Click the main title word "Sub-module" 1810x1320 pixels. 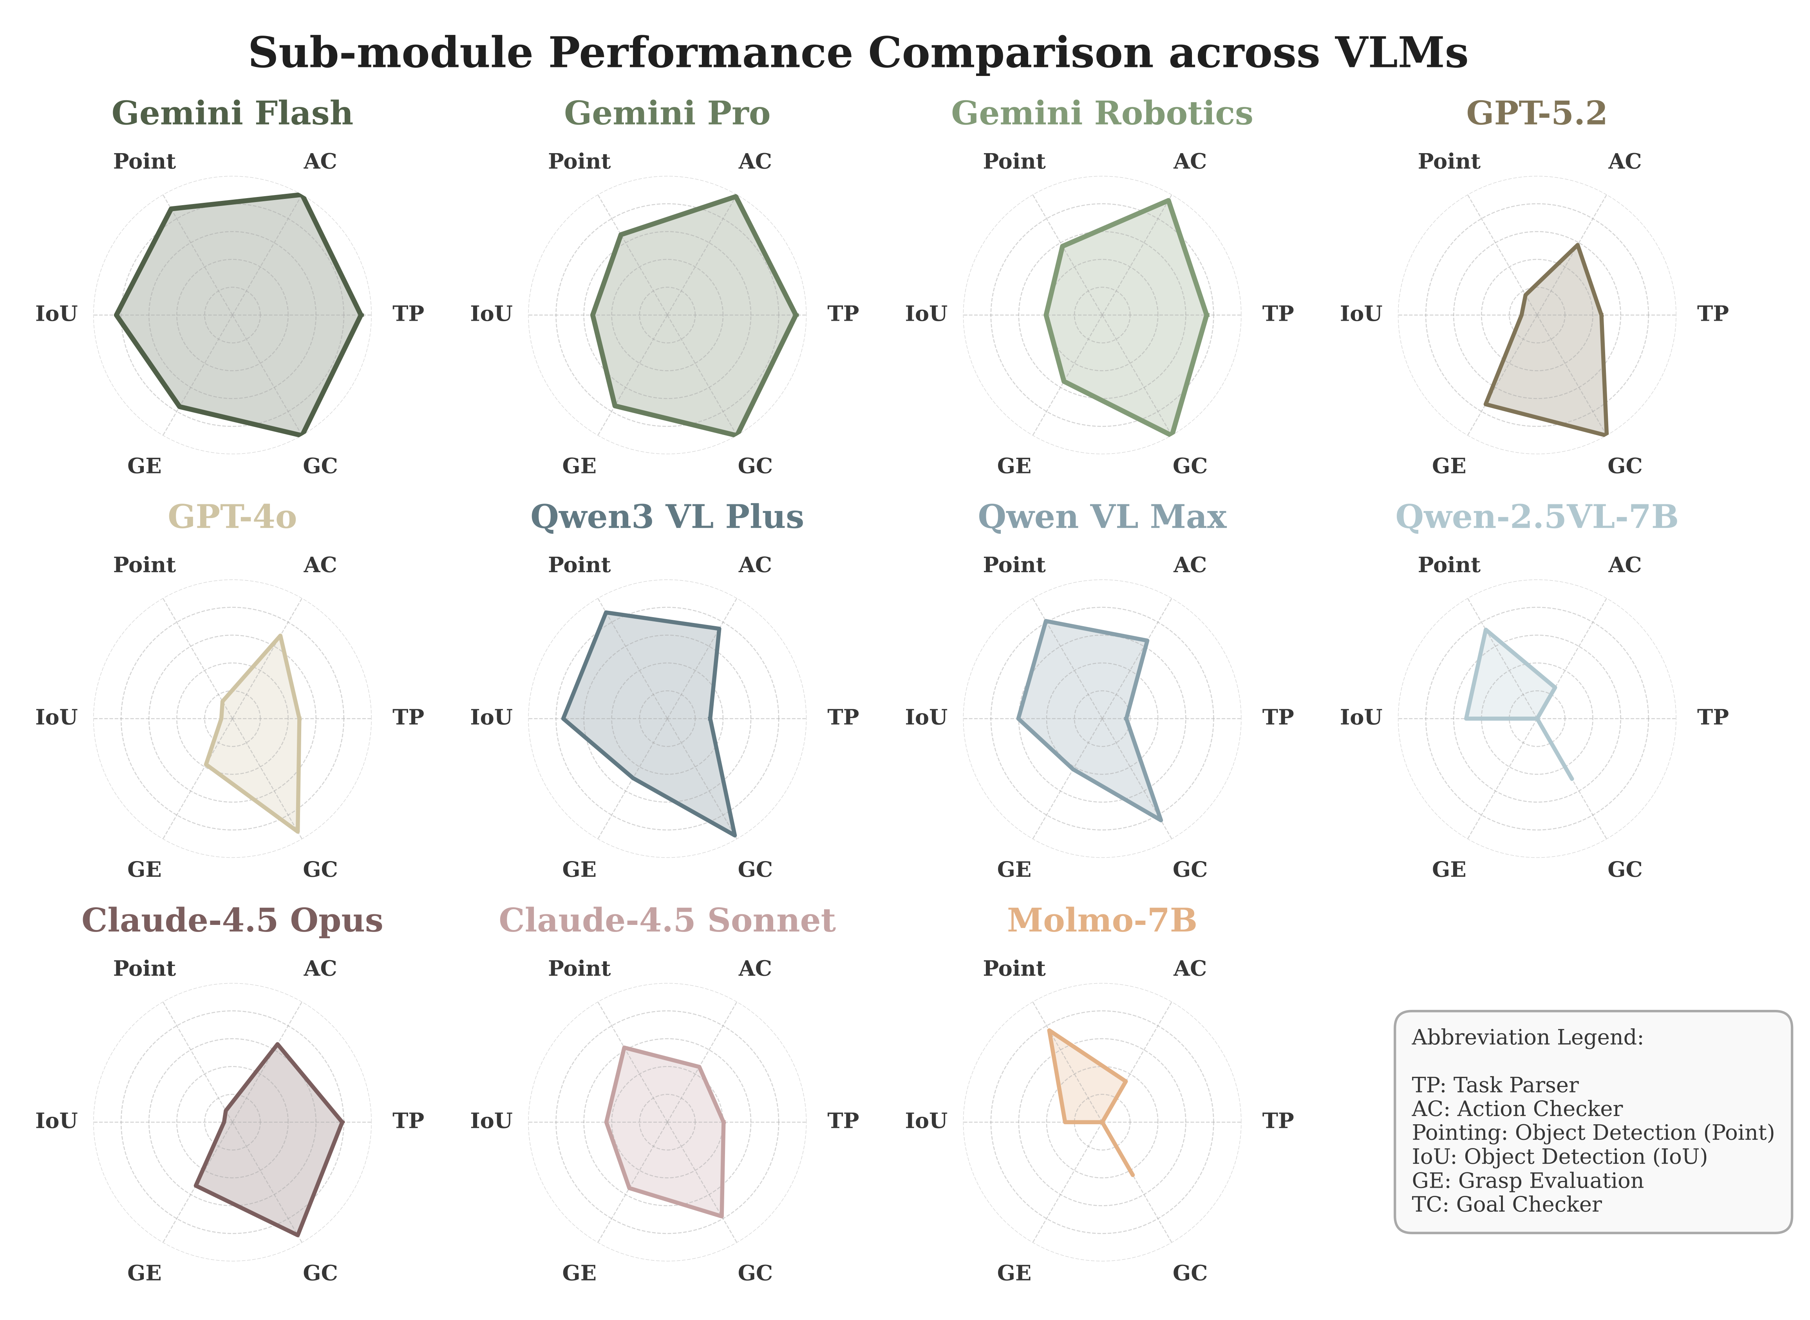(x=390, y=54)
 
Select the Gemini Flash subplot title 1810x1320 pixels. (x=232, y=114)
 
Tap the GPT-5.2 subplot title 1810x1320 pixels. (x=1536, y=114)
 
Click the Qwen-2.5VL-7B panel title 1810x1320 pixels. (x=1536, y=517)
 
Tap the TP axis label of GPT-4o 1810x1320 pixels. (x=407, y=717)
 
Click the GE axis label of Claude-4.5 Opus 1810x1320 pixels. (x=145, y=1273)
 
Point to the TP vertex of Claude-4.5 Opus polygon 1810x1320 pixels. (x=343, y=1123)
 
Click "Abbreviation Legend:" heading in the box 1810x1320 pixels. (x=1527, y=1037)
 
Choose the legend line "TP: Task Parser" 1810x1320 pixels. (x=1494, y=1085)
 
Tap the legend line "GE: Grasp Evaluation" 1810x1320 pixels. (x=1527, y=1181)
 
